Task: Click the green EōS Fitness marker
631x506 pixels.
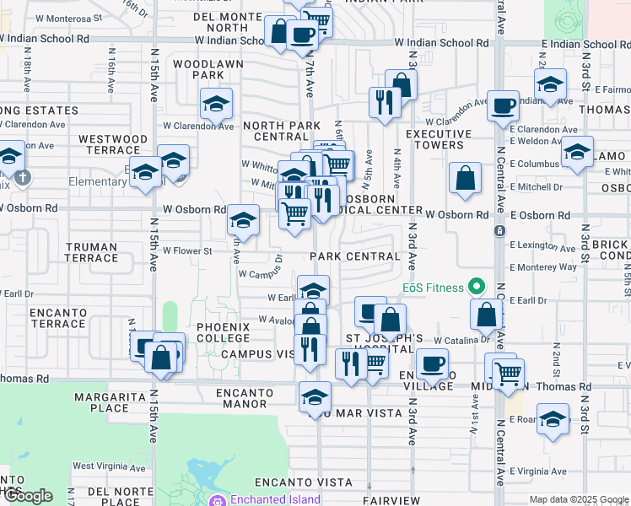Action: [476, 288]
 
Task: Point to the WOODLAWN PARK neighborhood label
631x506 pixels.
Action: [208, 69]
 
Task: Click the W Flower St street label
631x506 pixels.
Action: [187, 250]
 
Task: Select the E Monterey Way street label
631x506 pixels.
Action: [543, 266]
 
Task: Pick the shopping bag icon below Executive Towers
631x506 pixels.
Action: [465, 178]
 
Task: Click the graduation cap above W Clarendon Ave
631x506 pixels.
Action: [216, 104]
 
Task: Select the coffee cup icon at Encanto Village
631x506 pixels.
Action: [433, 364]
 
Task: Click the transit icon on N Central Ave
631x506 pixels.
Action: [500, 230]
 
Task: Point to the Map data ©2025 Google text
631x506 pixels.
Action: [578, 499]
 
